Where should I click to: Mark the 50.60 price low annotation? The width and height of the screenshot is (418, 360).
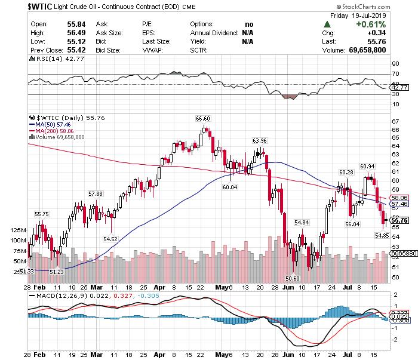click(293, 278)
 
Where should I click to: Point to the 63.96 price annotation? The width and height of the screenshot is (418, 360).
click(259, 141)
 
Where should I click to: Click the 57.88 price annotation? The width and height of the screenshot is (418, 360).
click(96, 194)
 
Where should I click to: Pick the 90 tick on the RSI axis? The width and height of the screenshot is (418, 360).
click(395, 63)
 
